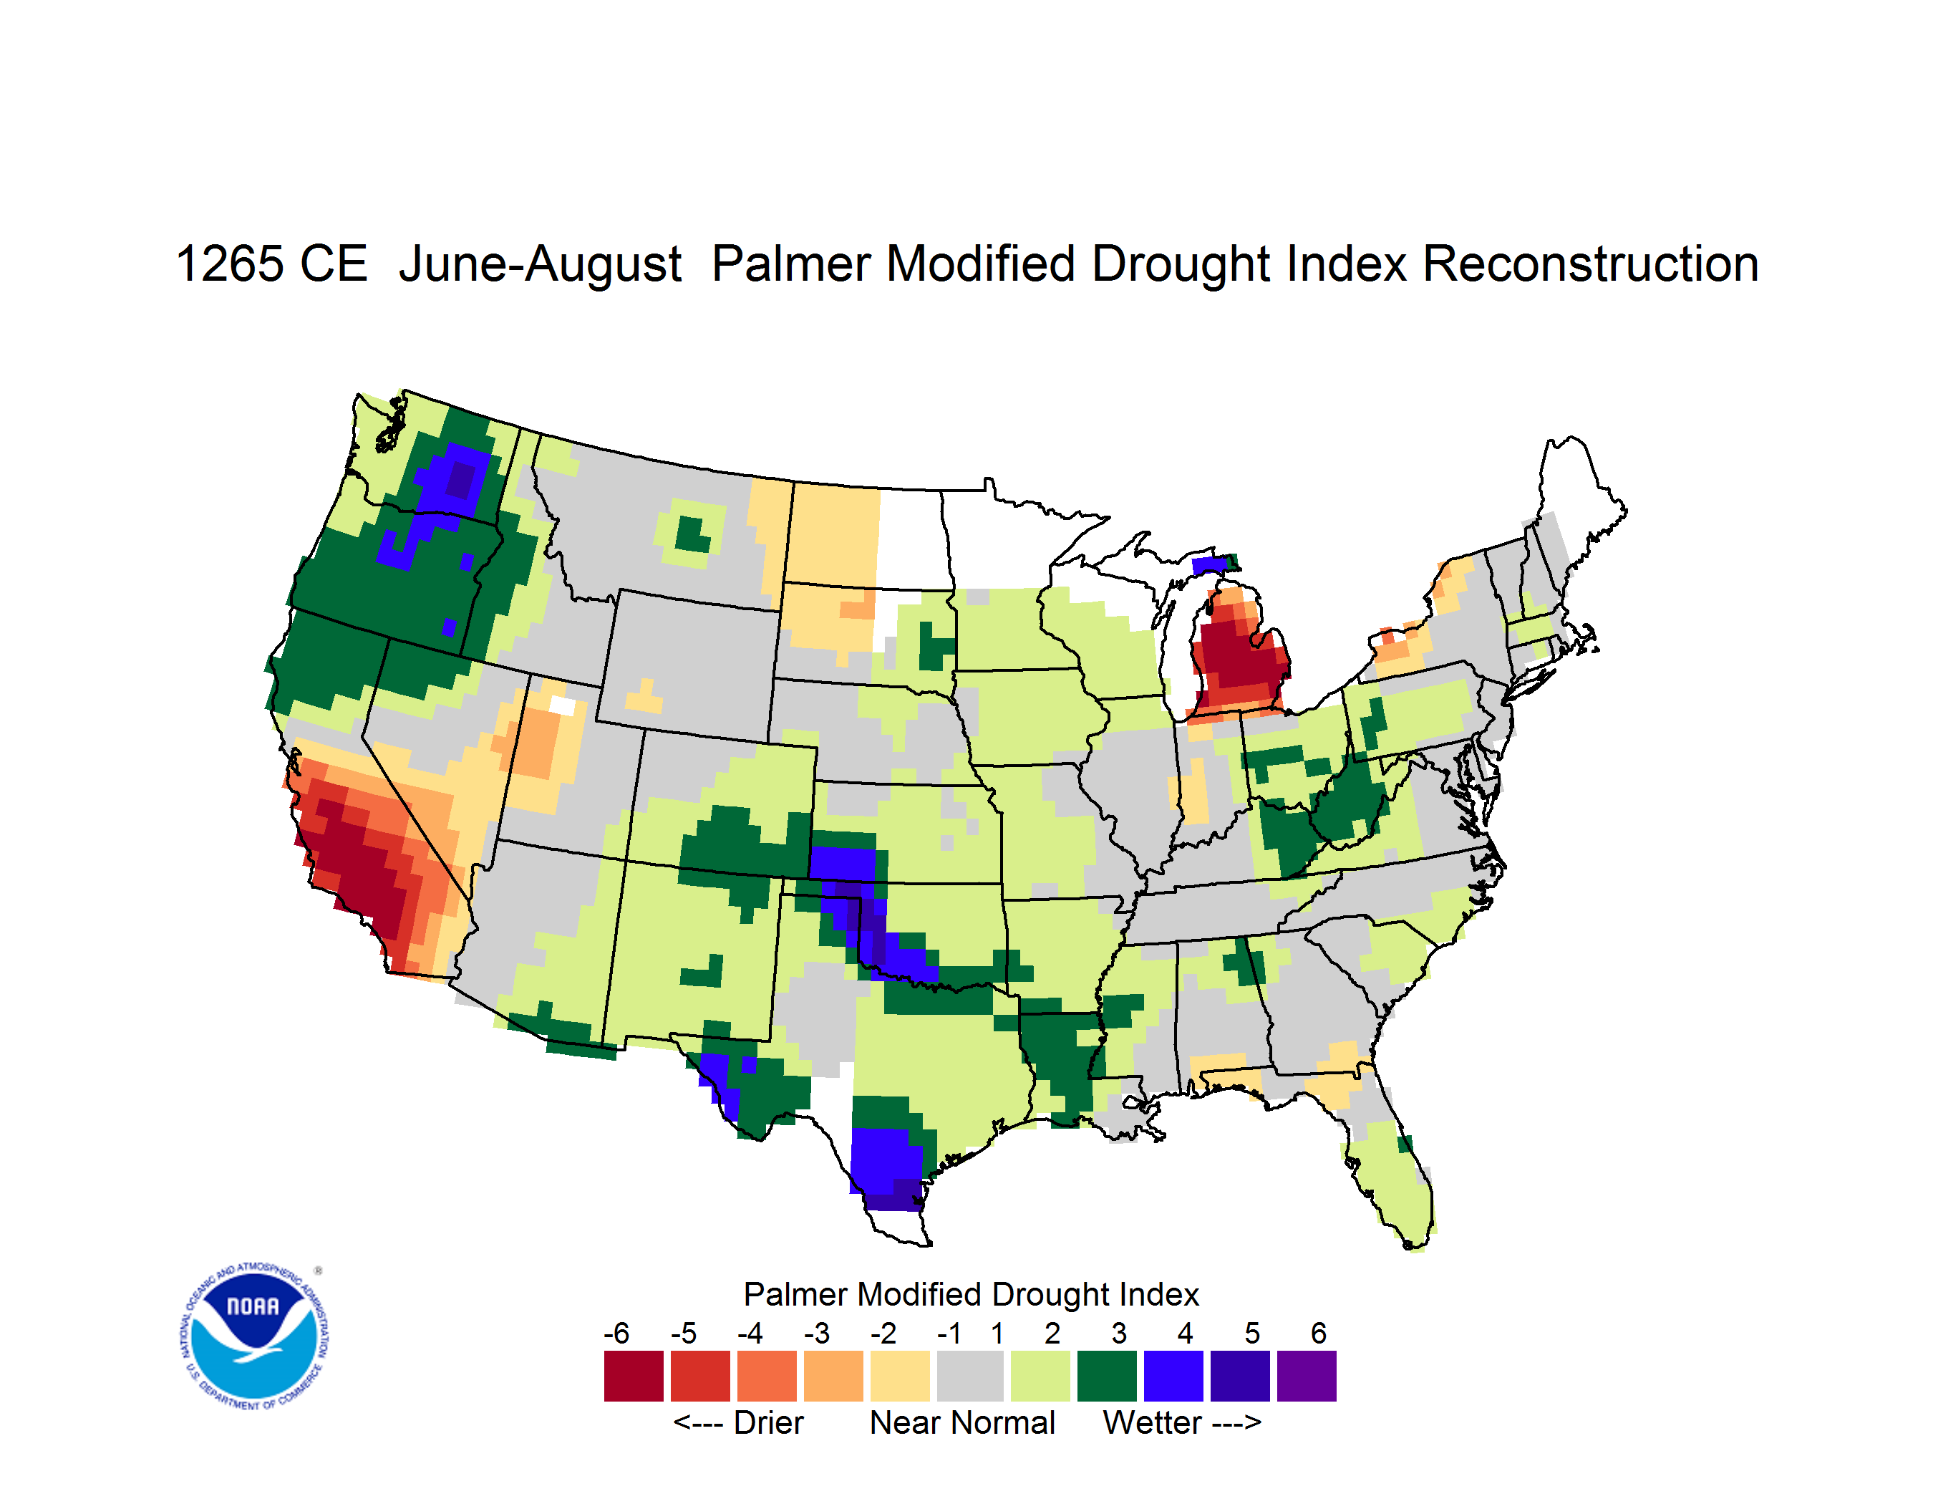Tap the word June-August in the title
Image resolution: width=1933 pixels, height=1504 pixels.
click(x=540, y=266)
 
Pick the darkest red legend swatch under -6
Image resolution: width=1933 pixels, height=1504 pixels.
click(x=634, y=1376)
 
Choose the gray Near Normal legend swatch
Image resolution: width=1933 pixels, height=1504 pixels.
click(x=970, y=1376)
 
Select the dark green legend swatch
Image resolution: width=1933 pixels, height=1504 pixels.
click(x=1106, y=1376)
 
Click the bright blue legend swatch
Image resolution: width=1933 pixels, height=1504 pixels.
click(x=1173, y=1376)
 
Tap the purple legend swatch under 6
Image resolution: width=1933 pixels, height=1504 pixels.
click(x=1307, y=1376)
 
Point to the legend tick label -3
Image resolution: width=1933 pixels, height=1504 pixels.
click(x=816, y=1333)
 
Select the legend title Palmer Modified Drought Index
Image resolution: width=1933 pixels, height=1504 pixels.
click(x=971, y=1294)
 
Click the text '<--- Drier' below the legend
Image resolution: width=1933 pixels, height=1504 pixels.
click(x=738, y=1422)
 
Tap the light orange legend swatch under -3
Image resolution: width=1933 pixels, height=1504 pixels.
click(x=833, y=1376)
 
